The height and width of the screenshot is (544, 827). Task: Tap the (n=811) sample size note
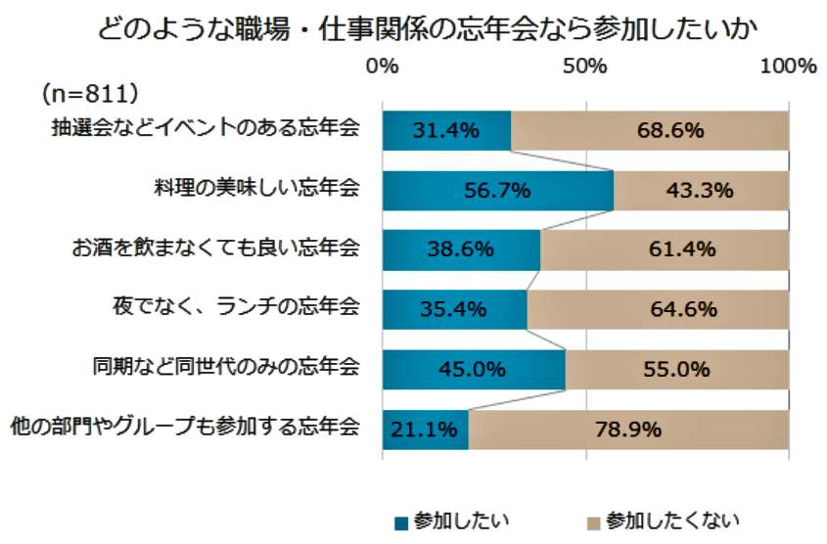click(90, 94)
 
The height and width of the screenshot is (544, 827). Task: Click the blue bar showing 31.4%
click(446, 130)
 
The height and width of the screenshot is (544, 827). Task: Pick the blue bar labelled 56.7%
click(497, 191)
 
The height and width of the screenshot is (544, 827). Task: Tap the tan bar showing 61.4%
click(665, 250)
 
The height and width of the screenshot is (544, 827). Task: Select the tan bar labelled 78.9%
click(628, 429)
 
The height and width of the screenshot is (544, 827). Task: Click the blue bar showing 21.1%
click(425, 429)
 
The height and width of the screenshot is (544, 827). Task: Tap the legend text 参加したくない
click(672, 520)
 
